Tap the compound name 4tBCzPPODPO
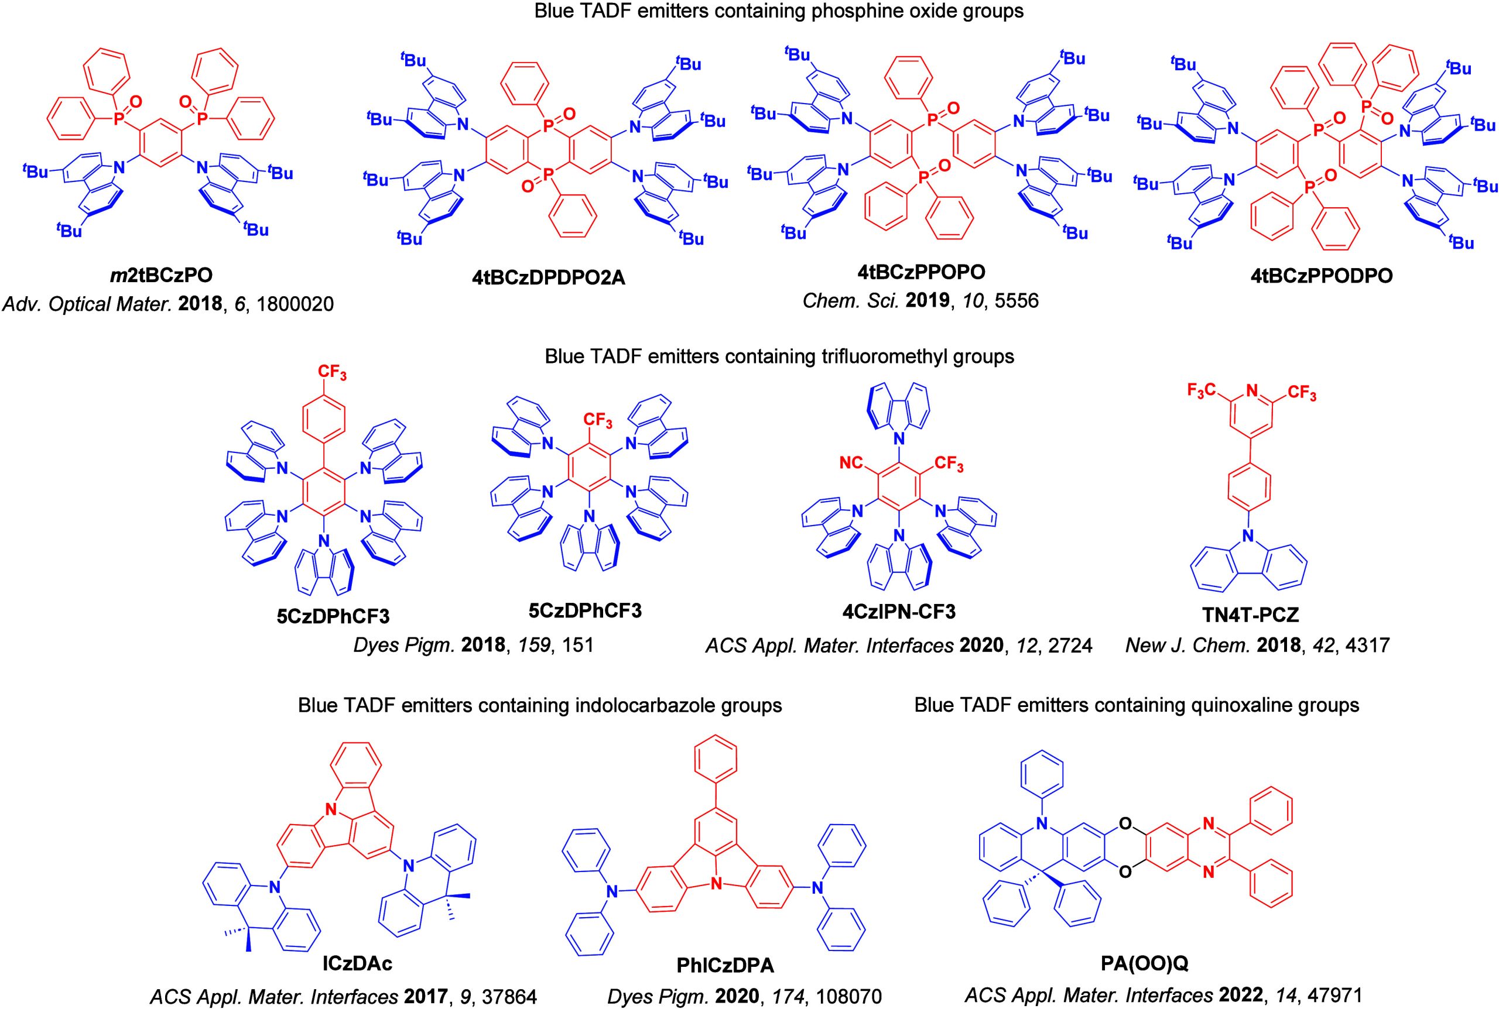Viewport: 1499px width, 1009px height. pyautogui.click(x=1322, y=276)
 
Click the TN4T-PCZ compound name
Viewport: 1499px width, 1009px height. pyautogui.click(x=1250, y=615)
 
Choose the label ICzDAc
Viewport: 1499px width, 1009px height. pyautogui.click(x=358, y=963)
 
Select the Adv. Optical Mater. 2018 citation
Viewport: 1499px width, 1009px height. pyautogui.click(x=168, y=304)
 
